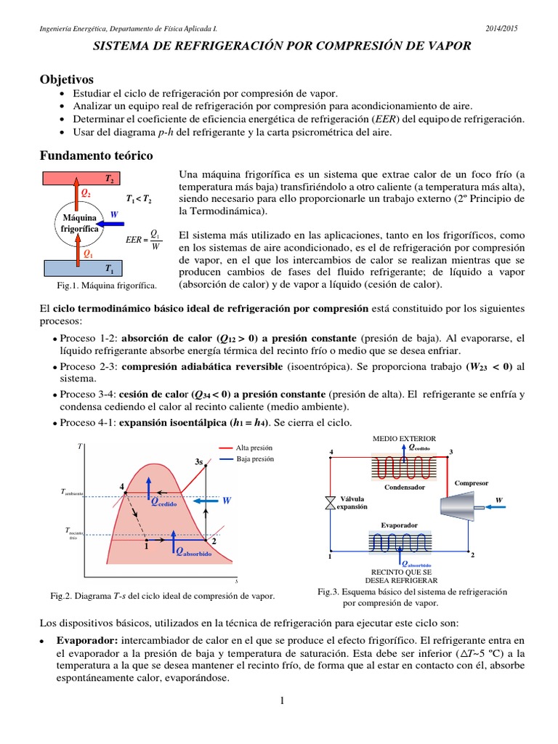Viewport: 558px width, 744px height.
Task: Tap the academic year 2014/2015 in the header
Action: [501, 28]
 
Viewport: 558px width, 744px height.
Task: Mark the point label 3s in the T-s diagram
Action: [199, 461]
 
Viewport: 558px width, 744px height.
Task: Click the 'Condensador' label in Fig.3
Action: [405, 487]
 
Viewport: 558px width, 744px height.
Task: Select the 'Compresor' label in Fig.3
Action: [471, 482]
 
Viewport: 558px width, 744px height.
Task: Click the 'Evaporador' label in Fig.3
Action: [399, 525]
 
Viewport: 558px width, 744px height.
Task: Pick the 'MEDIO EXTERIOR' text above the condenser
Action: [404, 439]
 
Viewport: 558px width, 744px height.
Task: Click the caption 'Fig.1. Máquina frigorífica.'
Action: [102, 286]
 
